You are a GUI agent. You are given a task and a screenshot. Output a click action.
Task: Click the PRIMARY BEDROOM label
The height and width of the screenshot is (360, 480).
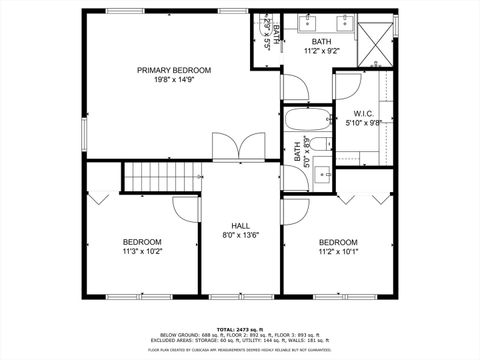point(175,70)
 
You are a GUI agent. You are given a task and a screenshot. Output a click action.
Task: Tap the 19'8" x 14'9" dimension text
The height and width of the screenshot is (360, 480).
point(175,82)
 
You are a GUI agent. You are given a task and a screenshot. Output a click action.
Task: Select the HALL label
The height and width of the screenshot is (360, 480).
point(240,225)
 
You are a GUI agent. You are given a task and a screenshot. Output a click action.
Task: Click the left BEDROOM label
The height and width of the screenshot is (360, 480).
point(142,242)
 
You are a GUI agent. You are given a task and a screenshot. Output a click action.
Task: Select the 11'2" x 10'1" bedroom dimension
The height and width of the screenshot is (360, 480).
point(338,253)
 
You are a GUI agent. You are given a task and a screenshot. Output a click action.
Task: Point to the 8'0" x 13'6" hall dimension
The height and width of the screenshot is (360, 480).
point(240,236)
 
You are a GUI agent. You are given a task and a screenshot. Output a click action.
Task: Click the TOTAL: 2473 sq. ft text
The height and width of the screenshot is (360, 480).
point(240,327)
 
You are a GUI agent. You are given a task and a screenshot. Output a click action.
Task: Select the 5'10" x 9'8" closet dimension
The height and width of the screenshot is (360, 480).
point(363,124)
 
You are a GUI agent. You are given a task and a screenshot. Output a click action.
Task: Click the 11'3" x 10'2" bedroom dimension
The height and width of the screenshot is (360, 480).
point(142,253)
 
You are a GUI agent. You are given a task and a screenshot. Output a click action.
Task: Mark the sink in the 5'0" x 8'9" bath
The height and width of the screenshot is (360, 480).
point(324,174)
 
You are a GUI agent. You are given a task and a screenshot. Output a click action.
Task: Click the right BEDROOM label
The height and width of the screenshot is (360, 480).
point(338,242)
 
